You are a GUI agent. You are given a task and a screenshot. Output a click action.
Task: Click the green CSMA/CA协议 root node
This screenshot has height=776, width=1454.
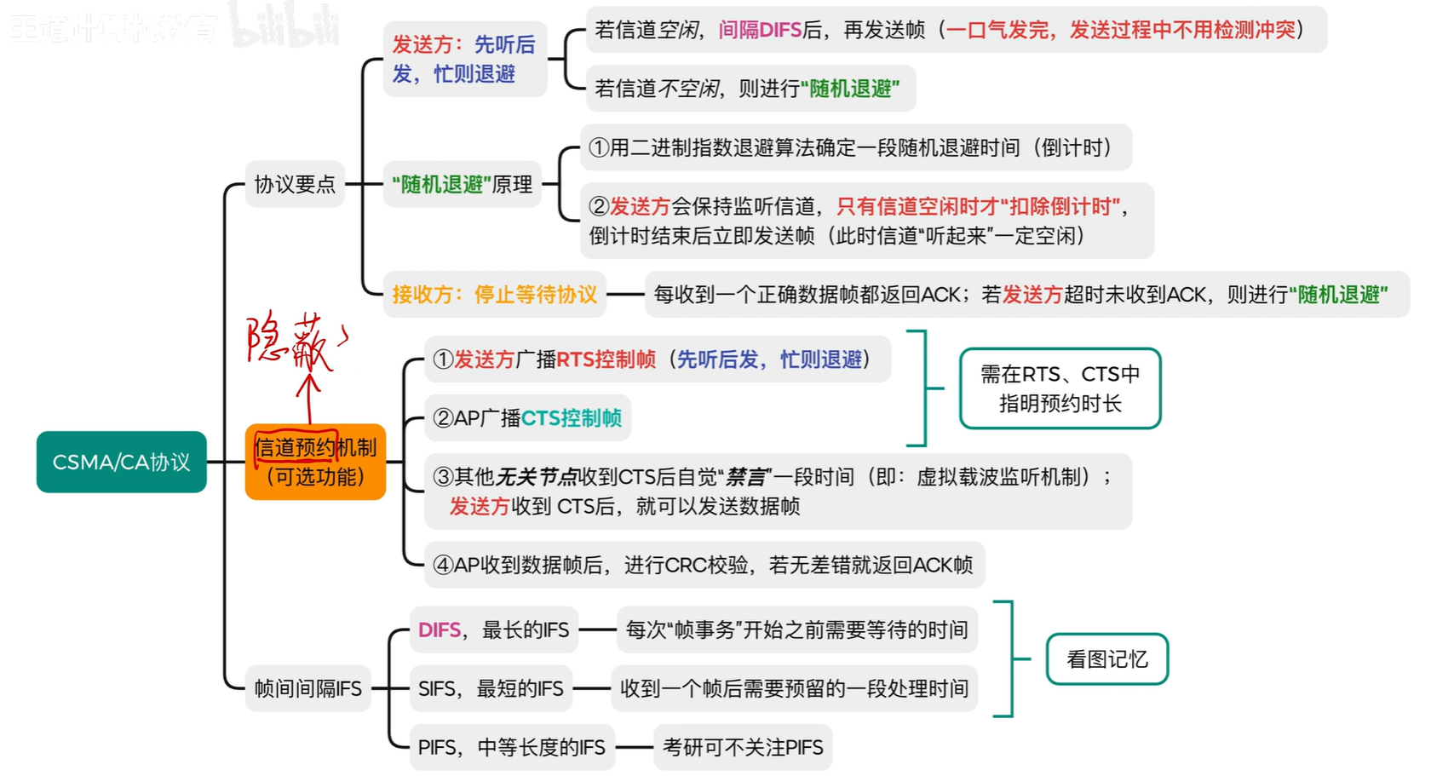pyautogui.click(x=121, y=462)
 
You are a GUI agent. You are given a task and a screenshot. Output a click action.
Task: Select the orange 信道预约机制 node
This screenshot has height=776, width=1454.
pyautogui.click(x=315, y=462)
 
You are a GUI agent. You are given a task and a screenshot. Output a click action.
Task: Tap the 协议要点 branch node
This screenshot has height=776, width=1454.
pyautogui.click(x=295, y=184)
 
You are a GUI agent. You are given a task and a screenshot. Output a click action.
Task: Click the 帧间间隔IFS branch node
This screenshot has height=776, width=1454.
pyautogui.click(x=307, y=688)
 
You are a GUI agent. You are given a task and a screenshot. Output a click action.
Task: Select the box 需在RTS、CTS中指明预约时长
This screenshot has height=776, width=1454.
pyautogui.click(x=1060, y=388)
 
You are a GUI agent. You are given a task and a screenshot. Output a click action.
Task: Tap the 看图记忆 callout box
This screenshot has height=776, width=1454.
pyautogui.click(x=1106, y=659)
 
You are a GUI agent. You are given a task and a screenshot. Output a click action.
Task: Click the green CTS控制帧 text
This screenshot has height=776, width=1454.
pyautogui.click(x=571, y=418)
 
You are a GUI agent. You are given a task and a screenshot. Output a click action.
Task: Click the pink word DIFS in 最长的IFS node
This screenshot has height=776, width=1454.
pyautogui.click(x=440, y=630)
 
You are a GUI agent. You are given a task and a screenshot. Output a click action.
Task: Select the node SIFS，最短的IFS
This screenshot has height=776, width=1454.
pyautogui.click(x=491, y=688)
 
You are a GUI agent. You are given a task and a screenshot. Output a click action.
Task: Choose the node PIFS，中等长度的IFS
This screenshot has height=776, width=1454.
pyautogui.click(x=511, y=747)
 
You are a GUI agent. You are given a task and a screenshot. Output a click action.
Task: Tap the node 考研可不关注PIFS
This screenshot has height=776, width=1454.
pyautogui.click(x=743, y=747)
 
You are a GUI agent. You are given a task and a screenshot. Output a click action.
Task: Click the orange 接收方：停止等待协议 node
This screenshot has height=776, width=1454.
pyautogui.click(x=494, y=295)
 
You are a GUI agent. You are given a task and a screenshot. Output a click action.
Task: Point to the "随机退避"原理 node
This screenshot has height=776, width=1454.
pyautogui.click(x=462, y=184)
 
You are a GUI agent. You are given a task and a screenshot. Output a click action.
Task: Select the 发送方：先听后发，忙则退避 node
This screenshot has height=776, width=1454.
pyautogui.click(x=464, y=59)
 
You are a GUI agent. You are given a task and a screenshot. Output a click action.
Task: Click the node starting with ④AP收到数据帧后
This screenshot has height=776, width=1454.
pyautogui.click(x=704, y=565)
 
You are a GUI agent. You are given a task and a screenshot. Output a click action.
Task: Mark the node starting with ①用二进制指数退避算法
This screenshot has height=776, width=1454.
pyautogui.click(x=855, y=147)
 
